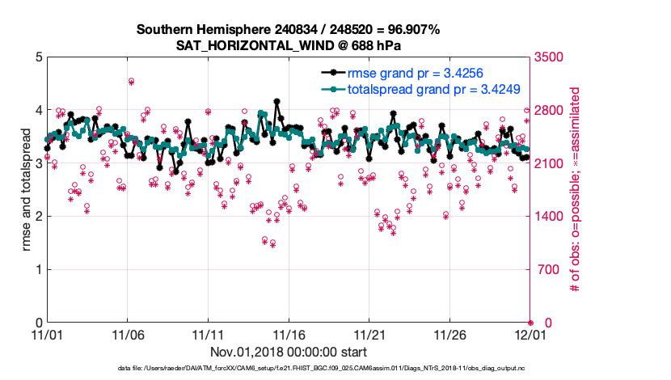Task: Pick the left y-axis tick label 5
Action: (37, 57)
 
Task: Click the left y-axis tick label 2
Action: (37, 217)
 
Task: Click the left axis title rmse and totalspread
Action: (27, 190)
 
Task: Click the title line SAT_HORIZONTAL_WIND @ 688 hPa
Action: (288, 45)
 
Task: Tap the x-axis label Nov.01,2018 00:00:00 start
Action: (289, 352)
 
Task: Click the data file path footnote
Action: (288, 369)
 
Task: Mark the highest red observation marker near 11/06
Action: (131, 81)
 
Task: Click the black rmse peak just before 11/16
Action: (276, 102)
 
